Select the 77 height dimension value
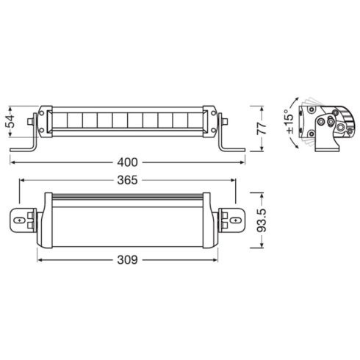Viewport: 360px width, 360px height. (x=261, y=127)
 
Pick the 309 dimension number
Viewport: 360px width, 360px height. (x=129, y=259)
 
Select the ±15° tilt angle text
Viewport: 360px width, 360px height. (x=289, y=120)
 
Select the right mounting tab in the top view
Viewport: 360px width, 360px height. (x=234, y=219)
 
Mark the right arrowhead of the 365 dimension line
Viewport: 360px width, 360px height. (x=237, y=179)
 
